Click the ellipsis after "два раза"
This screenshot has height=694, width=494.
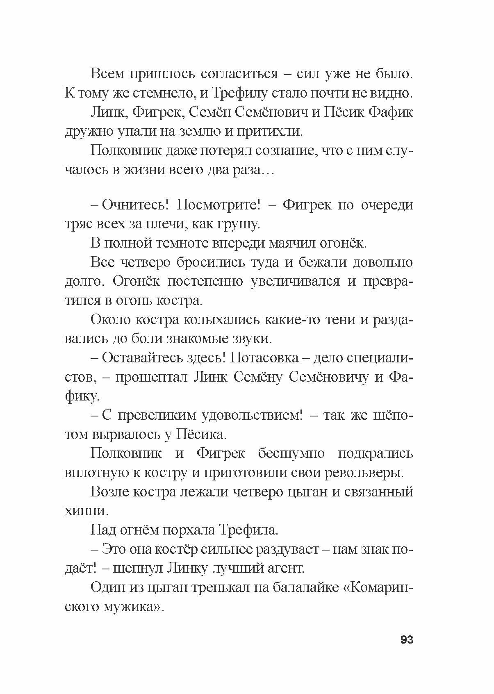click(269, 171)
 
